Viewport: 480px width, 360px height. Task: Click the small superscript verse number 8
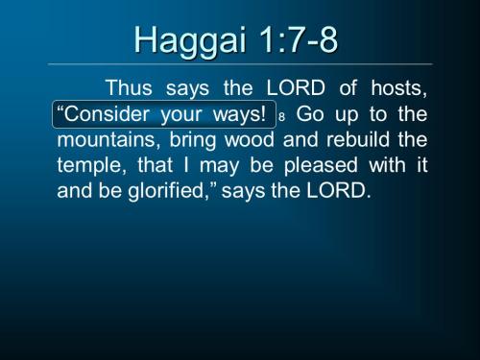click(x=283, y=117)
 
